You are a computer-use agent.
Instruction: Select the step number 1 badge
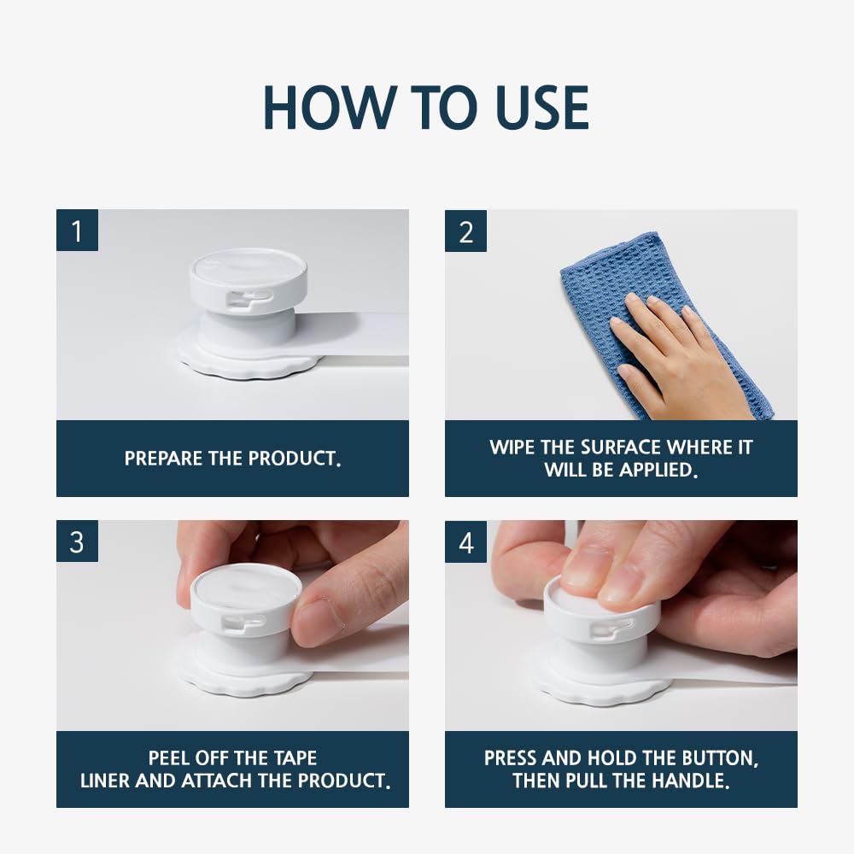pos(77,231)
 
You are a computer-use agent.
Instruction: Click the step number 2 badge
pos(465,231)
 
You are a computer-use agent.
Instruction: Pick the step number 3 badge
pos(77,541)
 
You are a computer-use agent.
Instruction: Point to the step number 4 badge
pos(465,541)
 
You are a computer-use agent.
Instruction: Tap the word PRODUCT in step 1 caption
pos(295,459)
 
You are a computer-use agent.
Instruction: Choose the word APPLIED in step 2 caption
pos(658,470)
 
